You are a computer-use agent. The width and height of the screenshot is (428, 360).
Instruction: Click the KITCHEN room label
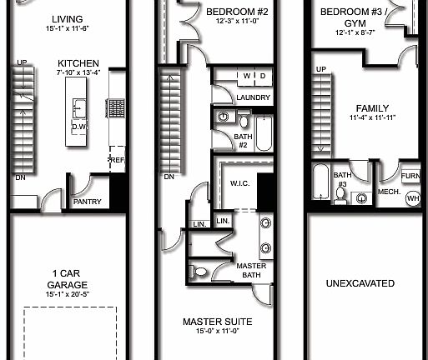[78, 63]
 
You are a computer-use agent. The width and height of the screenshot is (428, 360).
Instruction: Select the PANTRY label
[87, 201]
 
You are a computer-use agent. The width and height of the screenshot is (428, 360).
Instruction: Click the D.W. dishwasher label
[80, 127]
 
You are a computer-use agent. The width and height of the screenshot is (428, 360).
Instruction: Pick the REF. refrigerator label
[116, 158]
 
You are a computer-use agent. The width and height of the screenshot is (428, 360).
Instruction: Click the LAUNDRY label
[253, 97]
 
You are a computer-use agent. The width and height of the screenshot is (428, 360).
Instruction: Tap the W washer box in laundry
[247, 77]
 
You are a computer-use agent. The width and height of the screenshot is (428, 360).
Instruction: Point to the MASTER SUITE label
[217, 321]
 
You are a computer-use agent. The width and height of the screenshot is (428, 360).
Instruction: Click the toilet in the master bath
[201, 271]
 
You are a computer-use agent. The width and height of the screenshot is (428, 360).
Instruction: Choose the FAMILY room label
[372, 108]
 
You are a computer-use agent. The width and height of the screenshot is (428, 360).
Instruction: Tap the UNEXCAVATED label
[360, 283]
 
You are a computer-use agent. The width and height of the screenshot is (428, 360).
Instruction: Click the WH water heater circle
[412, 198]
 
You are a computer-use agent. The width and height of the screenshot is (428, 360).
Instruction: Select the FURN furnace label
[410, 177]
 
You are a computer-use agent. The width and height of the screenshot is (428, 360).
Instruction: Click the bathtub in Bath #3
[321, 182]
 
